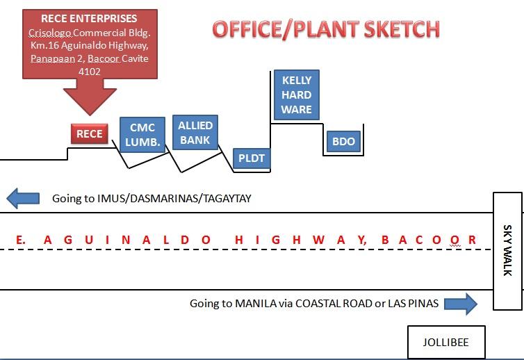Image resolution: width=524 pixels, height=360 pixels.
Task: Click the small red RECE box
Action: pos(90,133)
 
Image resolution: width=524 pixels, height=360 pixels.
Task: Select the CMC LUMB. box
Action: pos(142,135)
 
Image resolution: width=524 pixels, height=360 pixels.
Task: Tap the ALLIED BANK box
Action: pos(195,132)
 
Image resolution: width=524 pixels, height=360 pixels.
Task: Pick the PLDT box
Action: pos(252,158)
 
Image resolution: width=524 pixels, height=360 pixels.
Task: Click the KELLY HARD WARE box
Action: pos(297,95)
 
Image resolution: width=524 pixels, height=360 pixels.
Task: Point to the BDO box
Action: pos(343,141)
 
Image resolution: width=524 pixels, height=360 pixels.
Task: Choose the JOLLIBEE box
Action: pos(446,342)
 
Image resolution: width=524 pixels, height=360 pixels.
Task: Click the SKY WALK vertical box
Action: pos(507,251)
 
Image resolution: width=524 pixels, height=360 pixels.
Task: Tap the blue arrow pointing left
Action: pos(23,198)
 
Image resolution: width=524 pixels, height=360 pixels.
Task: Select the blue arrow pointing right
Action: pos(461,304)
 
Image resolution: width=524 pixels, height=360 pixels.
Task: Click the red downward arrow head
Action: pos(90,101)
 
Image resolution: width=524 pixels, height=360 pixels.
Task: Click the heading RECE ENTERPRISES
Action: pos(89,18)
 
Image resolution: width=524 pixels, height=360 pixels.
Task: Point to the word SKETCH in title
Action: pos(402,29)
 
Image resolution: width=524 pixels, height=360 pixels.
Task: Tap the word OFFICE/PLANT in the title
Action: pos(286,29)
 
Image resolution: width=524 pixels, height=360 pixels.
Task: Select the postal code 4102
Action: pos(89,72)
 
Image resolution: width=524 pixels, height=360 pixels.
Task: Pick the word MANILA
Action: pos(256,304)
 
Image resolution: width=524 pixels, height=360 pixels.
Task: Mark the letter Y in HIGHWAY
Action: pos(362,240)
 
